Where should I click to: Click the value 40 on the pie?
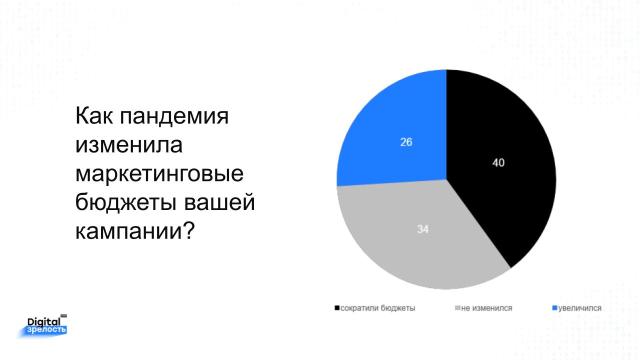pyautogui.click(x=498, y=163)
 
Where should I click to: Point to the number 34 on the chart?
pyautogui.click(x=422, y=229)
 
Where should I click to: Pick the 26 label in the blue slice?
pyautogui.click(x=406, y=142)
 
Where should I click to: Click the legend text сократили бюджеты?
pyautogui.click(x=377, y=308)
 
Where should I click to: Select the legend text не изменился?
pyautogui.click(x=486, y=308)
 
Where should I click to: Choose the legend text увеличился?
pyautogui.click(x=579, y=308)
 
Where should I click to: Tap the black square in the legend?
pyautogui.click(x=337, y=308)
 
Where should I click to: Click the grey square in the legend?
pyautogui.click(x=457, y=308)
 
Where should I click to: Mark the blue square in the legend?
pyautogui.click(x=555, y=308)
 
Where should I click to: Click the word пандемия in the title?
pyautogui.click(x=174, y=116)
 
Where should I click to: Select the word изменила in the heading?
pyautogui.click(x=129, y=145)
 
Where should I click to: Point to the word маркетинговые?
pyautogui.click(x=159, y=174)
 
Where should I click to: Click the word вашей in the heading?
pyautogui.click(x=219, y=202)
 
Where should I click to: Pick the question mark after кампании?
pyautogui.click(x=189, y=230)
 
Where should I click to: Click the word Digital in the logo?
pyautogui.click(x=44, y=322)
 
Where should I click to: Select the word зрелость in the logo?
pyautogui.click(x=46, y=330)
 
